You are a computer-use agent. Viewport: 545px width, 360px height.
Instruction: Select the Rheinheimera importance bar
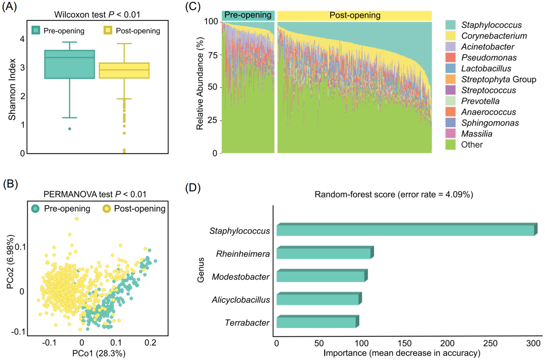point(324,253)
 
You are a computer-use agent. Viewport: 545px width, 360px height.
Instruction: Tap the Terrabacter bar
point(317,322)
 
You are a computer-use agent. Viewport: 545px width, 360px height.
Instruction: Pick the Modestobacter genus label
point(241,277)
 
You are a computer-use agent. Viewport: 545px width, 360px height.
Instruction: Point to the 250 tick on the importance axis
point(490,343)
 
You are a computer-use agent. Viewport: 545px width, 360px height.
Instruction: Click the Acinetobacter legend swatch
point(450,47)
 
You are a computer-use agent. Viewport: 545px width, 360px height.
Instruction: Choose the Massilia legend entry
point(477,134)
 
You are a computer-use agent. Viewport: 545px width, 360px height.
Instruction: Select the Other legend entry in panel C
point(472,145)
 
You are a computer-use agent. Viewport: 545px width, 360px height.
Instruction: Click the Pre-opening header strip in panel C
point(248,15)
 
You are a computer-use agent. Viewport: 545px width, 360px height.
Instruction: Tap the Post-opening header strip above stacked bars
point(355,15)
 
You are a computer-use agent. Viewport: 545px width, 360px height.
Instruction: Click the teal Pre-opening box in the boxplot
point(70,64)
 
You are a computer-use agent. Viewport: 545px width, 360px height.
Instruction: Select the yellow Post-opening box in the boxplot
point(124,70)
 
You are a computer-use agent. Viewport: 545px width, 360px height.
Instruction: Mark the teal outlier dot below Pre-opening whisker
point(70,129)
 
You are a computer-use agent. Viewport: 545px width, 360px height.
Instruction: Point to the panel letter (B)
point(10,184)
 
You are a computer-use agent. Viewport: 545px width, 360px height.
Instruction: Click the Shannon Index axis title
point(12,89)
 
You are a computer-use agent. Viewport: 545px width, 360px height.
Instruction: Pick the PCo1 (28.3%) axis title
point(99,353)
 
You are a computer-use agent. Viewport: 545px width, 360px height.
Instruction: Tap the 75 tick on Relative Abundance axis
point(212,55)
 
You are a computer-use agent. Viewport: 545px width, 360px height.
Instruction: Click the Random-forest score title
point(393,195)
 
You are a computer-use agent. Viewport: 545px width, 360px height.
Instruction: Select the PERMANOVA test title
point(95,194)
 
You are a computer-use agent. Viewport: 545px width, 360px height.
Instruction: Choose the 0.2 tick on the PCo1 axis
point(150,343)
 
